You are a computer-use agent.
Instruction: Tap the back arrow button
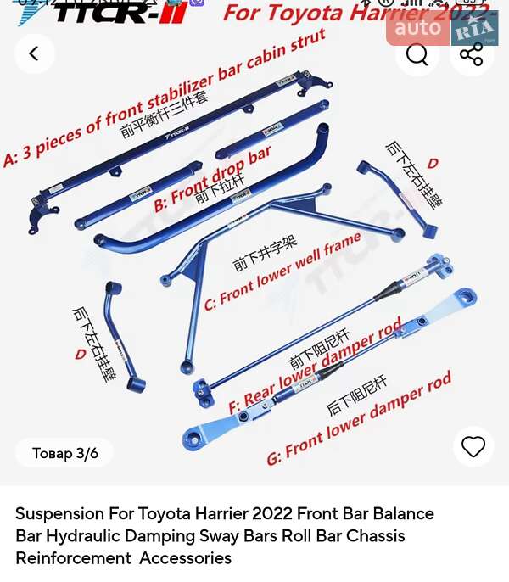(35, 54)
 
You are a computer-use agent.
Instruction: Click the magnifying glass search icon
(417, 54)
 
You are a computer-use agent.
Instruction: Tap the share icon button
(471, 54)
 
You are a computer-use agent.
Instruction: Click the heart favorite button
(473, 446)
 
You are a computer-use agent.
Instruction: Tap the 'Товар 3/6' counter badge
(65, 453)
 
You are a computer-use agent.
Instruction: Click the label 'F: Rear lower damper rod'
(314, 366)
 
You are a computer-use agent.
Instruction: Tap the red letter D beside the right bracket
(433, 163)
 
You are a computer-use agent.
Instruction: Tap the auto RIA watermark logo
(442, 29)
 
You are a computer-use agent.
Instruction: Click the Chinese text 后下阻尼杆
(356, 395)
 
